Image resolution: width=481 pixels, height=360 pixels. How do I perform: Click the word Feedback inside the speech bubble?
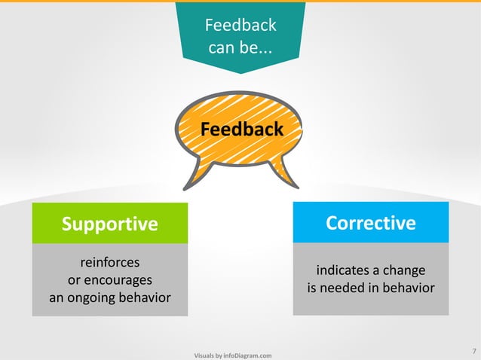[242, 130]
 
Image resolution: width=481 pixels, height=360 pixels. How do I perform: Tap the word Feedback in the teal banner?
[240, 26]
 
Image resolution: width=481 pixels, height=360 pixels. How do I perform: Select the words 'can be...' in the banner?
[240, 50]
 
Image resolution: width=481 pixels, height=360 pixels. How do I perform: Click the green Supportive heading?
[110, 224]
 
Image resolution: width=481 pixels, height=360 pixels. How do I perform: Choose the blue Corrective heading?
[370, 223]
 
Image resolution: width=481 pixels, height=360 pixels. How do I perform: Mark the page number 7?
[473, 351]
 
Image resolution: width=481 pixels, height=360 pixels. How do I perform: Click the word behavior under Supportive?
[144, 298]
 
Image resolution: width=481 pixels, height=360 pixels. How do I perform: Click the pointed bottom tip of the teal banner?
[240, 72]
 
